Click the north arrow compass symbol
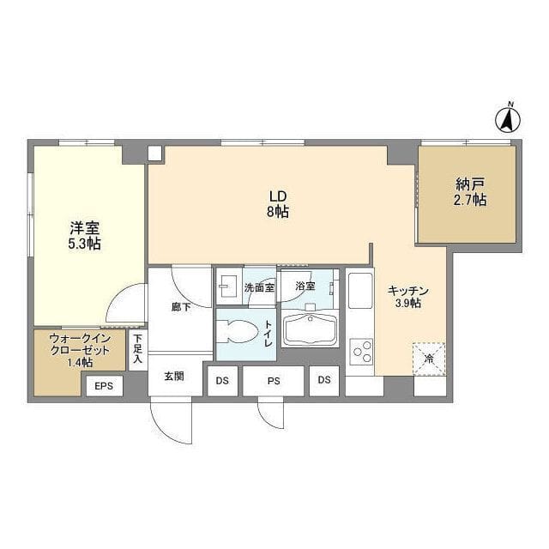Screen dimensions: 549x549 point(507,118)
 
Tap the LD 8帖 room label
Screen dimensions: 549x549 point(277,203)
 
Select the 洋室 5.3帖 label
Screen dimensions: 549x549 point(85,235)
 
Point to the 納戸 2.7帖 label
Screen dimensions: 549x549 point(471,192)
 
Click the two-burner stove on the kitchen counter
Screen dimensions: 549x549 point(361,352)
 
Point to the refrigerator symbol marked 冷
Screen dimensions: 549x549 point(429,359)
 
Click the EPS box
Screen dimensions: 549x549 point(104,386)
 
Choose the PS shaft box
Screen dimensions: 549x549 point(274,380)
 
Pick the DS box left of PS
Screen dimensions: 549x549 point(222,380)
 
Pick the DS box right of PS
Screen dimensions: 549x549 point(324,380)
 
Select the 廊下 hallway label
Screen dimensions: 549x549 point(180,307)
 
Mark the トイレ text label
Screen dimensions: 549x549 point(268,332)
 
